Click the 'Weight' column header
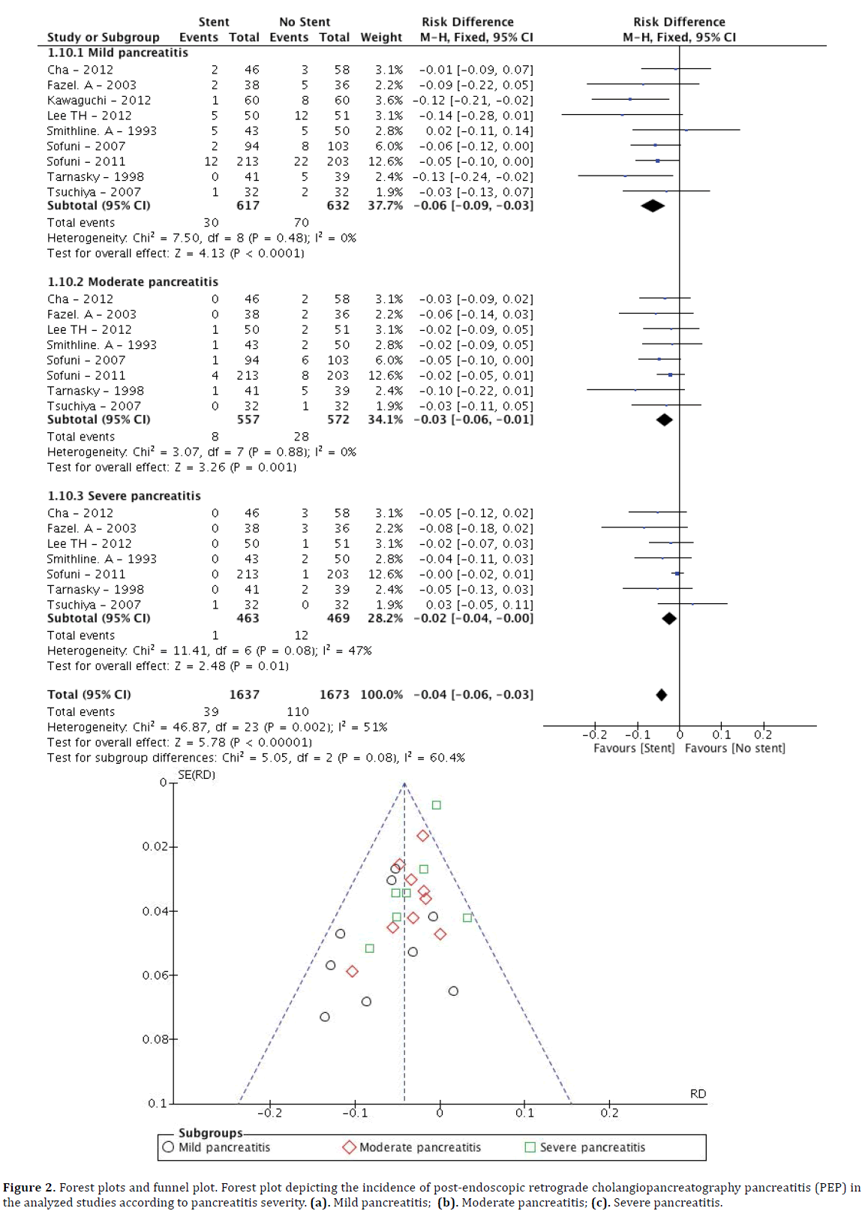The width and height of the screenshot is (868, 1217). tap(381, 37)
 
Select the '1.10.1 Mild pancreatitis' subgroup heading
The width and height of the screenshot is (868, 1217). tap(118, 53)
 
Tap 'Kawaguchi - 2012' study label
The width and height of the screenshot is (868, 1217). tap(99, 100)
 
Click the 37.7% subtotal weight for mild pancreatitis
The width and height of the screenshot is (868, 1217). tap(385, 206)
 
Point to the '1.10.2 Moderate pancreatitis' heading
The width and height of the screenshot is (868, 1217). tap(133, 281)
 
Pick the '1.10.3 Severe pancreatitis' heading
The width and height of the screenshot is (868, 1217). tap(124, 496)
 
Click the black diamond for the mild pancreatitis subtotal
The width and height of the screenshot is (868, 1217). tap(653, 206)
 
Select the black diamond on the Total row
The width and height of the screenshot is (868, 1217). tap(661, 695)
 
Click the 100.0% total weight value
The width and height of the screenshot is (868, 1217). tap(381, 695)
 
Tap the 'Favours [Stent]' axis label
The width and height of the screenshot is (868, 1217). tap(634, 748)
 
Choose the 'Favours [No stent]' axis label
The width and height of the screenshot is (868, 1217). tap(734, 748)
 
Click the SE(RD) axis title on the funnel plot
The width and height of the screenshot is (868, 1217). tap(197, 774)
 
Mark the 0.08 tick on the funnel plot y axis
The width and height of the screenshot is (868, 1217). tap(155, 1039)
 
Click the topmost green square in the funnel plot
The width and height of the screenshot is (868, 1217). tap(437, 805)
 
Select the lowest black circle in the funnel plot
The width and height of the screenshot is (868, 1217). tap(325, 1017)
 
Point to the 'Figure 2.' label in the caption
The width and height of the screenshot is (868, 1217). tap(29, 1188)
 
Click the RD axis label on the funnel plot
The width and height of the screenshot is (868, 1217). tap(698, 1094)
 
